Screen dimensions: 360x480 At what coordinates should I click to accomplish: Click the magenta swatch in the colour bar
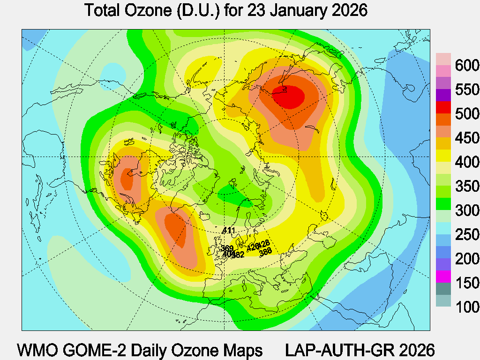pos(443,277)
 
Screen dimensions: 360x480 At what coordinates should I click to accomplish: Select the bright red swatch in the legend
pos(443,107)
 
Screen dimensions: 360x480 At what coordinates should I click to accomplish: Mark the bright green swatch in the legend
pos(443,204)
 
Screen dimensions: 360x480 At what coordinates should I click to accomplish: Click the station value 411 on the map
pos(229,230)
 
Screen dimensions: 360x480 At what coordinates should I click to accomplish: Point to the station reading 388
pos(265,251)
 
